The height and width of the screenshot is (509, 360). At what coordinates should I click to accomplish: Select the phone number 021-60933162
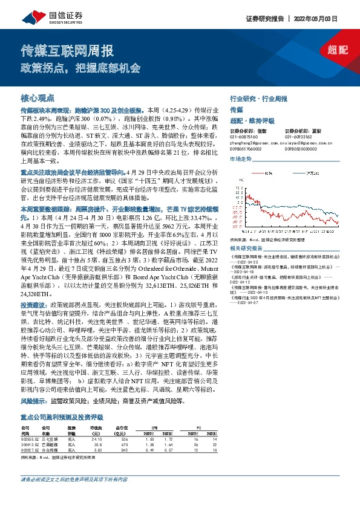tap(301, 136)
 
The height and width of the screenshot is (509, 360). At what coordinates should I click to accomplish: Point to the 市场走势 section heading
tap(240, 158)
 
